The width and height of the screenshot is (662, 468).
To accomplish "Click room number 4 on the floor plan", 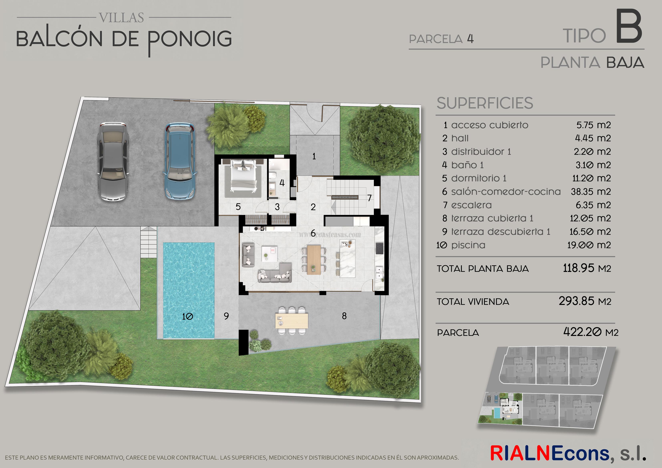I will point(282,183).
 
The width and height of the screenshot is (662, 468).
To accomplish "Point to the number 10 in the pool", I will point(187,316).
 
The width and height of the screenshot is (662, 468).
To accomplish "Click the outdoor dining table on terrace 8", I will point(291,321).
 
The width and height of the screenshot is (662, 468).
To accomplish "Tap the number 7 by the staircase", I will point(369,198).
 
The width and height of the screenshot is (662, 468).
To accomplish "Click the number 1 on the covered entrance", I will point(314,156).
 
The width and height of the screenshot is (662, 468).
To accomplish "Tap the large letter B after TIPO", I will point(629,27).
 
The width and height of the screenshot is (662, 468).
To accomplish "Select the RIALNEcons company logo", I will point(568,453).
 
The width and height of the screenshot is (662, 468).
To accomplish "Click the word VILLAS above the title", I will point(121,18).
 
